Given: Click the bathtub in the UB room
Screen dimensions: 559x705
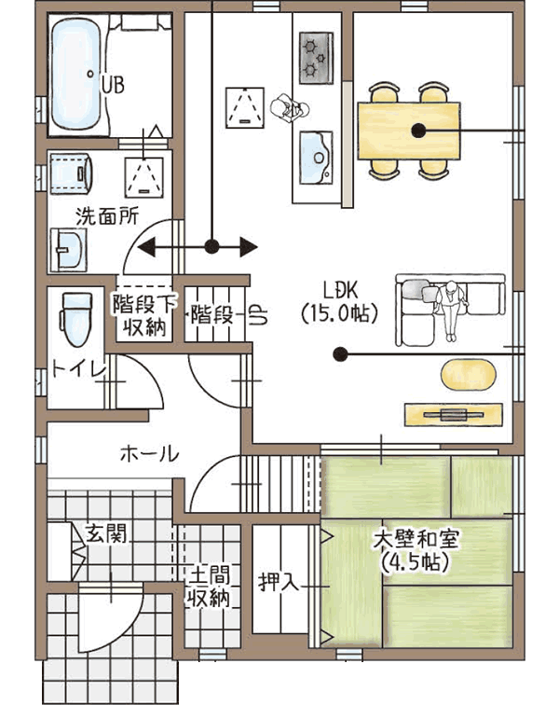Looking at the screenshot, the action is (x=76, y=75).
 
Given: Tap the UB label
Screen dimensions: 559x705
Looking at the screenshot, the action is (x=113, y=85).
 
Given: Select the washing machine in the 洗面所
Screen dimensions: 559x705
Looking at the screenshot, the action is (x=72, y=174).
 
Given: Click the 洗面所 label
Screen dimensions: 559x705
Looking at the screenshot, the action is (x=107, y=216).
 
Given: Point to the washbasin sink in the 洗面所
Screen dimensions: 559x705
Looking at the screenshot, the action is (x=68, y=249).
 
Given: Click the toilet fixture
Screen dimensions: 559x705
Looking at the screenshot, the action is (x=76, y=319).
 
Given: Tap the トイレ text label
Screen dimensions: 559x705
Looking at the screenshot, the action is (x=78, y=369).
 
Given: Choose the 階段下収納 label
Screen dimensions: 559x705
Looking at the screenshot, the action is (x=144, y=316).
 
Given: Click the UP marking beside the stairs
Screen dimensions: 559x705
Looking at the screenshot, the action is (x=259, y=315).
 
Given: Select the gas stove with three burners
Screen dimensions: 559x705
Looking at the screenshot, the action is (x=317, y=58).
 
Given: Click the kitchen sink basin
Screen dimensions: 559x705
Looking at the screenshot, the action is (x=316, y=158).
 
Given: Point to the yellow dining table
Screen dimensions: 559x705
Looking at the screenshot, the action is (x=409, y=131).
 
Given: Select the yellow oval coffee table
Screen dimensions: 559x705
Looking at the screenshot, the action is (x=469, y=375).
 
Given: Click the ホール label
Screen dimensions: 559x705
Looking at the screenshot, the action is (x=150, y=453).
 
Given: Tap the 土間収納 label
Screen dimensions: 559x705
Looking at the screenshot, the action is (x=209, y=587).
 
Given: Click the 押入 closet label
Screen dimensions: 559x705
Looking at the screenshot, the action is (x=279, y=583).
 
